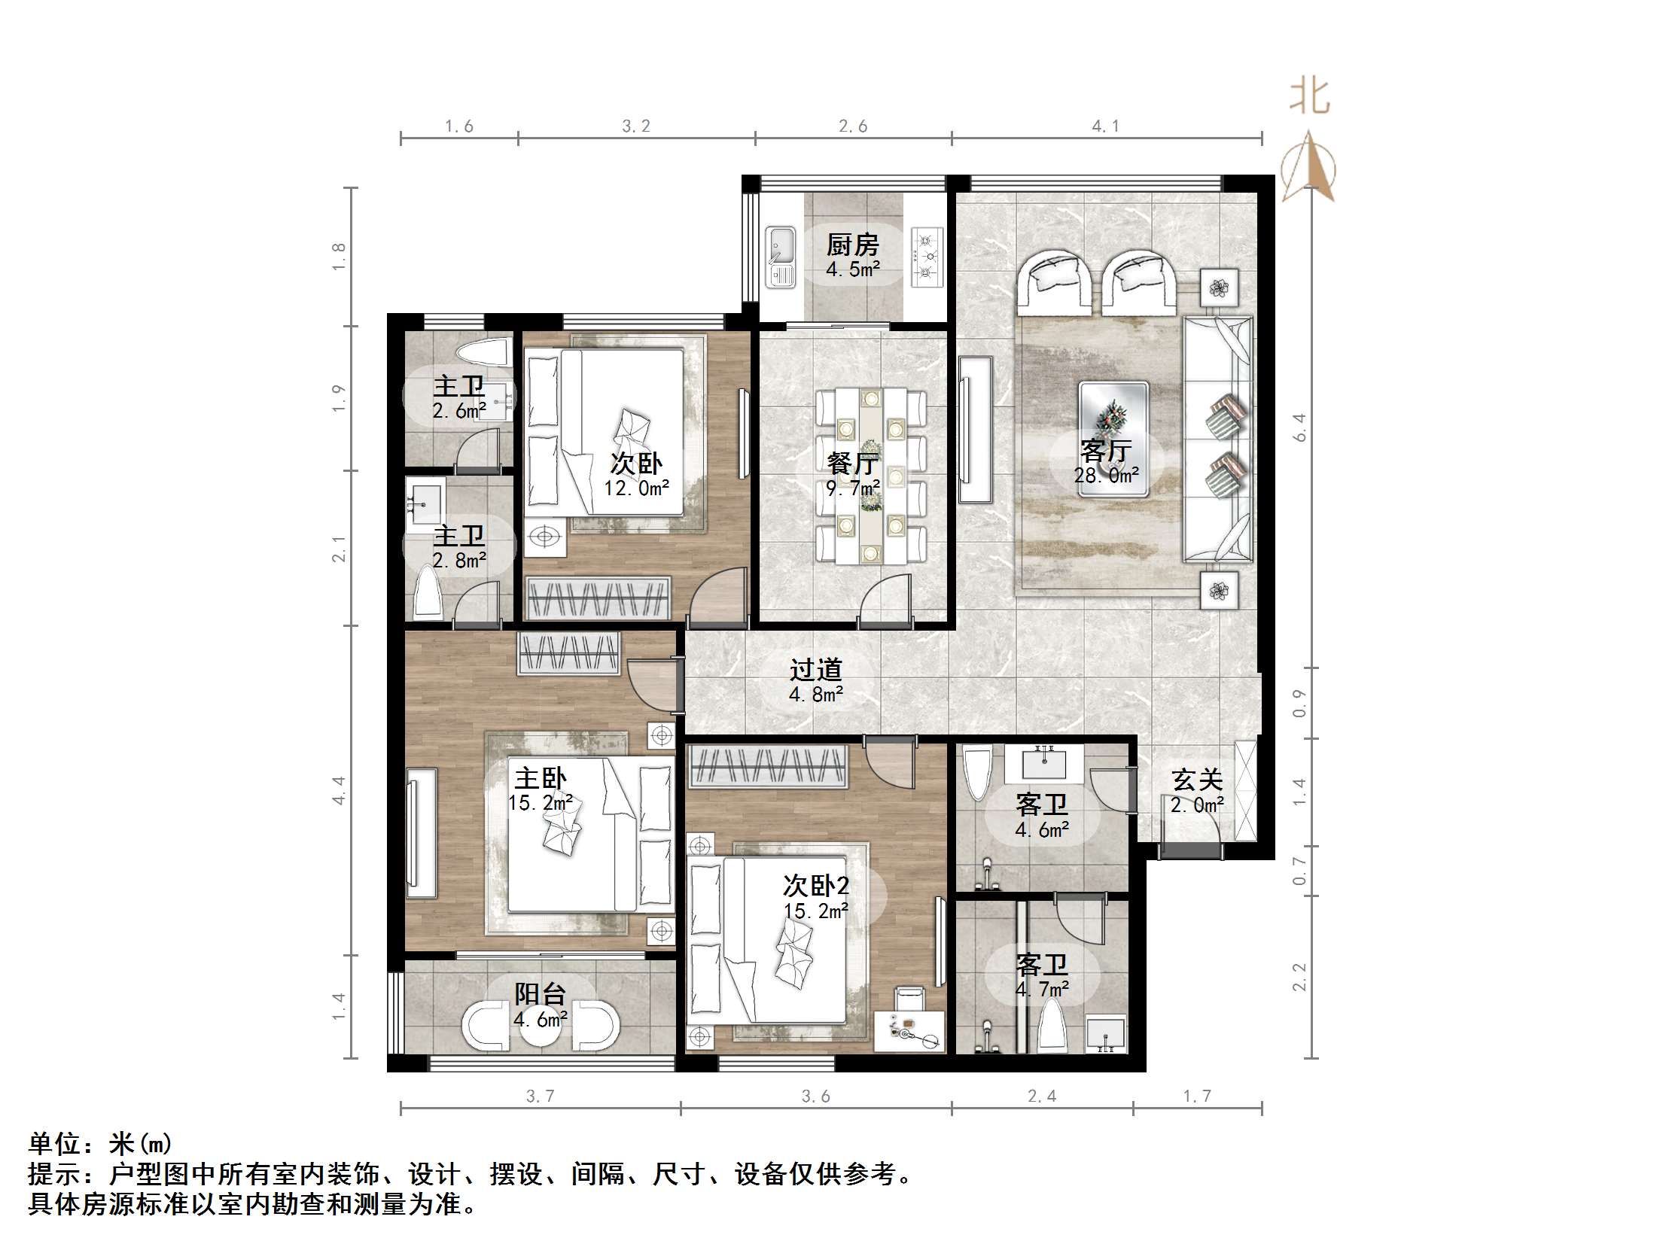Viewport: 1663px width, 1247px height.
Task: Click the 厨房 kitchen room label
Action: [x=852, y=245]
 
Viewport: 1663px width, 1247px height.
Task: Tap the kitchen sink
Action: [x=781, y=257]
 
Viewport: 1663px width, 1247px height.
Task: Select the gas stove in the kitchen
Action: [x=927, y=257]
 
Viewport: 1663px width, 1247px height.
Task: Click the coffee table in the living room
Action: [x=1113, y=439]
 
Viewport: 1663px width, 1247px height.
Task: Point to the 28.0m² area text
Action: [x=1106, y=476]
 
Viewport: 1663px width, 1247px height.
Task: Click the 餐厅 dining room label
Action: [x=852, y=463]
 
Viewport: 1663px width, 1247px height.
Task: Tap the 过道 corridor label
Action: [x=815, y=670]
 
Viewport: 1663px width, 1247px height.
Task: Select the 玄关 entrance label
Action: [x=1197, y=780]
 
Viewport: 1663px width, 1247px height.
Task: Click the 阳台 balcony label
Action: [x=540, y=994]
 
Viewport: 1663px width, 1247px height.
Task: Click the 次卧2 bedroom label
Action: [x=815, y=885]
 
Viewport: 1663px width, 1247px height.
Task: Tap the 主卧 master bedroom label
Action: [x=540, y=777]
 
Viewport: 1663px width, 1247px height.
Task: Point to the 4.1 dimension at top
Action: [x=1105, y=126]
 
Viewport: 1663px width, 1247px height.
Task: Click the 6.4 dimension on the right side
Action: [x=1300, y=427]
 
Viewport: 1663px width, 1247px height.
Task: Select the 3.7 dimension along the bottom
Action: [x=540, y=1096]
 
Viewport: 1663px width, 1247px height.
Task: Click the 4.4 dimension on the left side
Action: [x=339, y=790]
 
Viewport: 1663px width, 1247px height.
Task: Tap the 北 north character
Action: [x=1309, y=97]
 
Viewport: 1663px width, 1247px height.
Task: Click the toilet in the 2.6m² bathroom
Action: [x=483, y=351]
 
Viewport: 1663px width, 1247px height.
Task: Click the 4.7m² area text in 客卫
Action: [x=1042, y=990]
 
